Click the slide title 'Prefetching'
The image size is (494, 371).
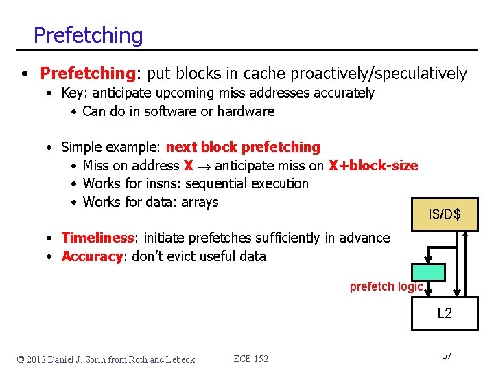(x=88, y=35)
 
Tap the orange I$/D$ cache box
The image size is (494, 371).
(x=444, y=215)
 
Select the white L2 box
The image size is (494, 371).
(x=444, y=313)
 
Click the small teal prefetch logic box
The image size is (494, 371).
(x=429, y=271)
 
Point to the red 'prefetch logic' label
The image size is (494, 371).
(x=386, y=286)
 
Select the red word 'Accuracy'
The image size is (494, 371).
(x=93, y=256)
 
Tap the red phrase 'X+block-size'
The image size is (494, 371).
(x=373, y=166)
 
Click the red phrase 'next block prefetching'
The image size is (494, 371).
(x=243, y=147)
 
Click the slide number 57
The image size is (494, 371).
(x=446, y=355)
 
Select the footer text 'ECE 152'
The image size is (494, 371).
(x=250, y=359)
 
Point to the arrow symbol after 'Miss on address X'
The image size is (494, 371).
(x=204, y=166)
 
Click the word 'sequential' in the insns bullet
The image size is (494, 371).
(x=219, y=183)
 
